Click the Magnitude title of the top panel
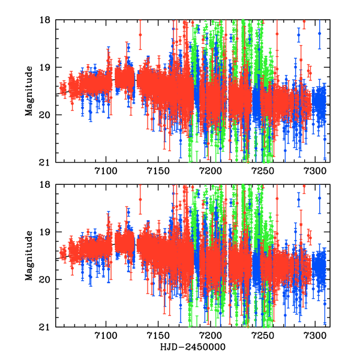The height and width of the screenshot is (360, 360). point(29,91)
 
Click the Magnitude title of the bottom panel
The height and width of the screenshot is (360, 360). point(29,256)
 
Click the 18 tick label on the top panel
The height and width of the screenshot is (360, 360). point(47,20)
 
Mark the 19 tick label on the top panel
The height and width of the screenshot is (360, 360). point(47,67)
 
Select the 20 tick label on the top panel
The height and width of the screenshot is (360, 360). point(47,115)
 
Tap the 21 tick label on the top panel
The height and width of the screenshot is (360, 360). point(47,162)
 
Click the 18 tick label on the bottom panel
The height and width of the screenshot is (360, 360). point(47,185)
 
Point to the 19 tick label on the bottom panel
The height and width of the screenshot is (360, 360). point(47,232)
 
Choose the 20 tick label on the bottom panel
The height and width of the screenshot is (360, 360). point(47,280)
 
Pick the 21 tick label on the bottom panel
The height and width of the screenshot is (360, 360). point(47,327)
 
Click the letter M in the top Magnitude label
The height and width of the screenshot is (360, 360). point(29,113)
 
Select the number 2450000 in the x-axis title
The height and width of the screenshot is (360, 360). point(203,347)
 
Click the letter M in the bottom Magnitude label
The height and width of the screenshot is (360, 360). point(29,278)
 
